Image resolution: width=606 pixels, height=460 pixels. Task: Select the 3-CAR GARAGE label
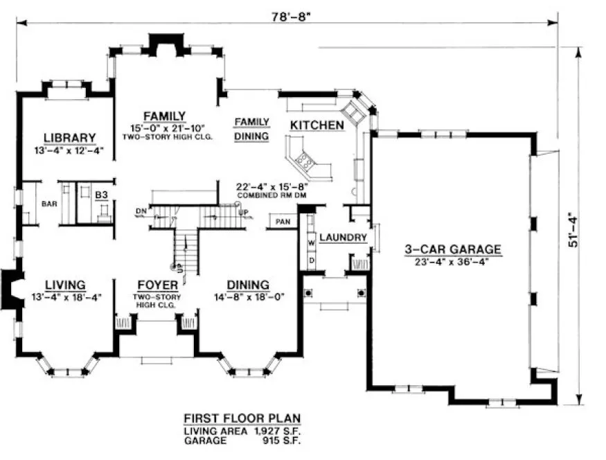click(453, 250)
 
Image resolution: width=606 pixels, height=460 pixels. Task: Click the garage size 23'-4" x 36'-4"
click(453, 263)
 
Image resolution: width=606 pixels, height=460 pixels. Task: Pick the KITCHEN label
click(317, 125)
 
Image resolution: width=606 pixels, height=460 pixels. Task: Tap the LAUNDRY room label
click(343, 238)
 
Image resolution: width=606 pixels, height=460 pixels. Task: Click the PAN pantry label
click(283, 222)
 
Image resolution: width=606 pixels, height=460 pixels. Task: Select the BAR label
click(48, 204)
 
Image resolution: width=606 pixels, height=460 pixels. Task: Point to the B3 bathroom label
click(102, 196)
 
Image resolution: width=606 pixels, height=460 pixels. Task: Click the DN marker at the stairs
click(141, 211)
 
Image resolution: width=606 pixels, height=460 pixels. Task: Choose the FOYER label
click(157, 285)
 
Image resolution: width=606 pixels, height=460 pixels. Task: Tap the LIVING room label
click(65, 285)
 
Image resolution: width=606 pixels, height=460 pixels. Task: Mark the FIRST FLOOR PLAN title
click(242, 418)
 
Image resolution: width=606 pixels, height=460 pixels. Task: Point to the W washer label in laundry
click(311, 242)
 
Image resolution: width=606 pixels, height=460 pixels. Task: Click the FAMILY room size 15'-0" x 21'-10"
click(163, 128)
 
